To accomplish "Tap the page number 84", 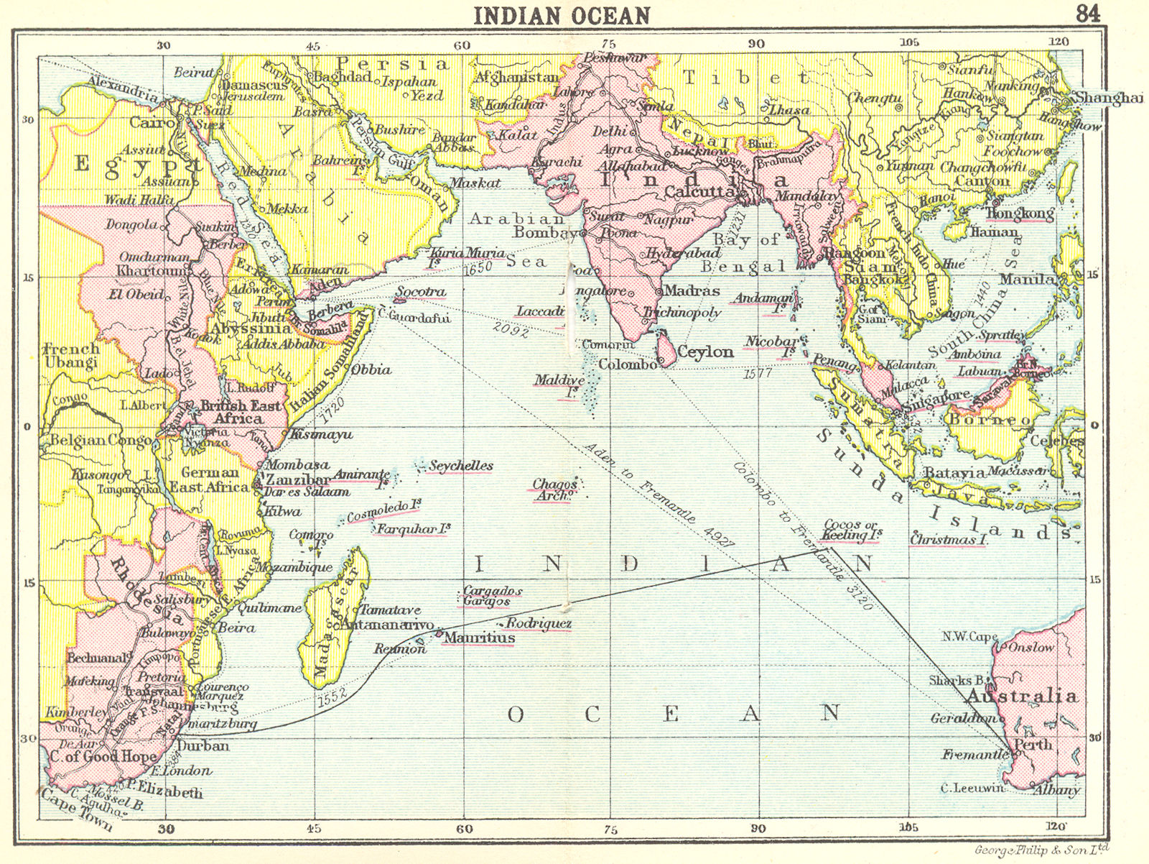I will [1087, 13].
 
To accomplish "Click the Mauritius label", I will [479, 638].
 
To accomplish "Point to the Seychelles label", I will [460, 466].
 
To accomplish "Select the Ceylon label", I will [705, 352].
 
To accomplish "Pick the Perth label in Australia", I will [1033, 745].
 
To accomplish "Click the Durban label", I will [203, 746].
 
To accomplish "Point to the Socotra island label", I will [421, 293].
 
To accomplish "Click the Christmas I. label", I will [947, 539].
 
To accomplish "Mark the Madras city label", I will [691, 291].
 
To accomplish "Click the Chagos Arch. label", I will [554, 490].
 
